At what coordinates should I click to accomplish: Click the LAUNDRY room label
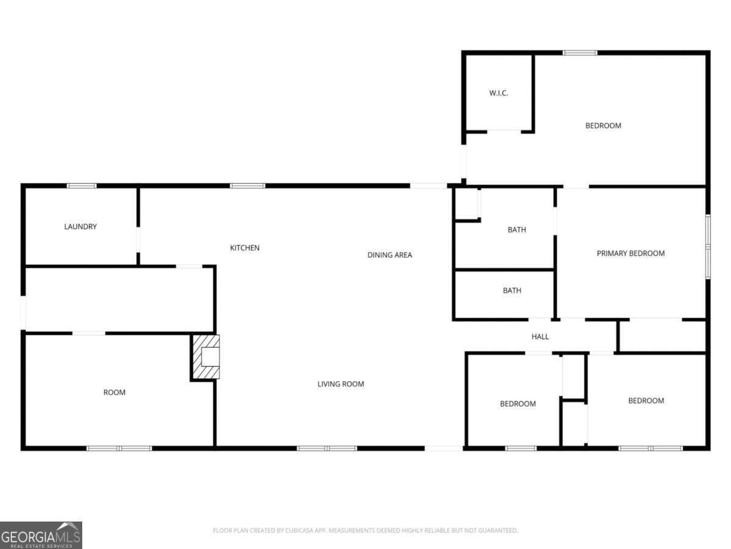tap(80, 227)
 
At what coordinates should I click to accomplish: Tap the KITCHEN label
tap(244, 248)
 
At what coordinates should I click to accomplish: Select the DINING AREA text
tap(389, 255)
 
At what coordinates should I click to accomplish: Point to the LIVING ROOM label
tap(341, 384)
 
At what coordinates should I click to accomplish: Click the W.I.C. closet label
tap(498, 93)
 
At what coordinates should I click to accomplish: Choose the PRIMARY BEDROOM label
tap(630, 253)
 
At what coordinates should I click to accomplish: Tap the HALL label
tap(540, 337)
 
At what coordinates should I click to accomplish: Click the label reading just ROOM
tap(114, 392)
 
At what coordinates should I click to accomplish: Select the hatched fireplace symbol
tap(205, 357)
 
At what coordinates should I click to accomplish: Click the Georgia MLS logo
tap(41, 535)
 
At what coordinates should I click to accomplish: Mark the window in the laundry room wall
tap(82, 185)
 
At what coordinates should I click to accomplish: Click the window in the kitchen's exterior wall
tap(247, 185)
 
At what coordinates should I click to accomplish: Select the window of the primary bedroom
tap(708, 246)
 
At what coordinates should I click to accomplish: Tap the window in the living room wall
tap(327, 448)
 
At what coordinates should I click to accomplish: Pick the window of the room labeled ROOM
tap(119, 448)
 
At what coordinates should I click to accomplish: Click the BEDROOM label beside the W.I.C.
tap(603, 126)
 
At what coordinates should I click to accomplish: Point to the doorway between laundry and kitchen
tap(138, 240)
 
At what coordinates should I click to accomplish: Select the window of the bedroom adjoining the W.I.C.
tap(579, 53)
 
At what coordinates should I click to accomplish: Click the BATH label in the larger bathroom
tap(517, 230)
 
